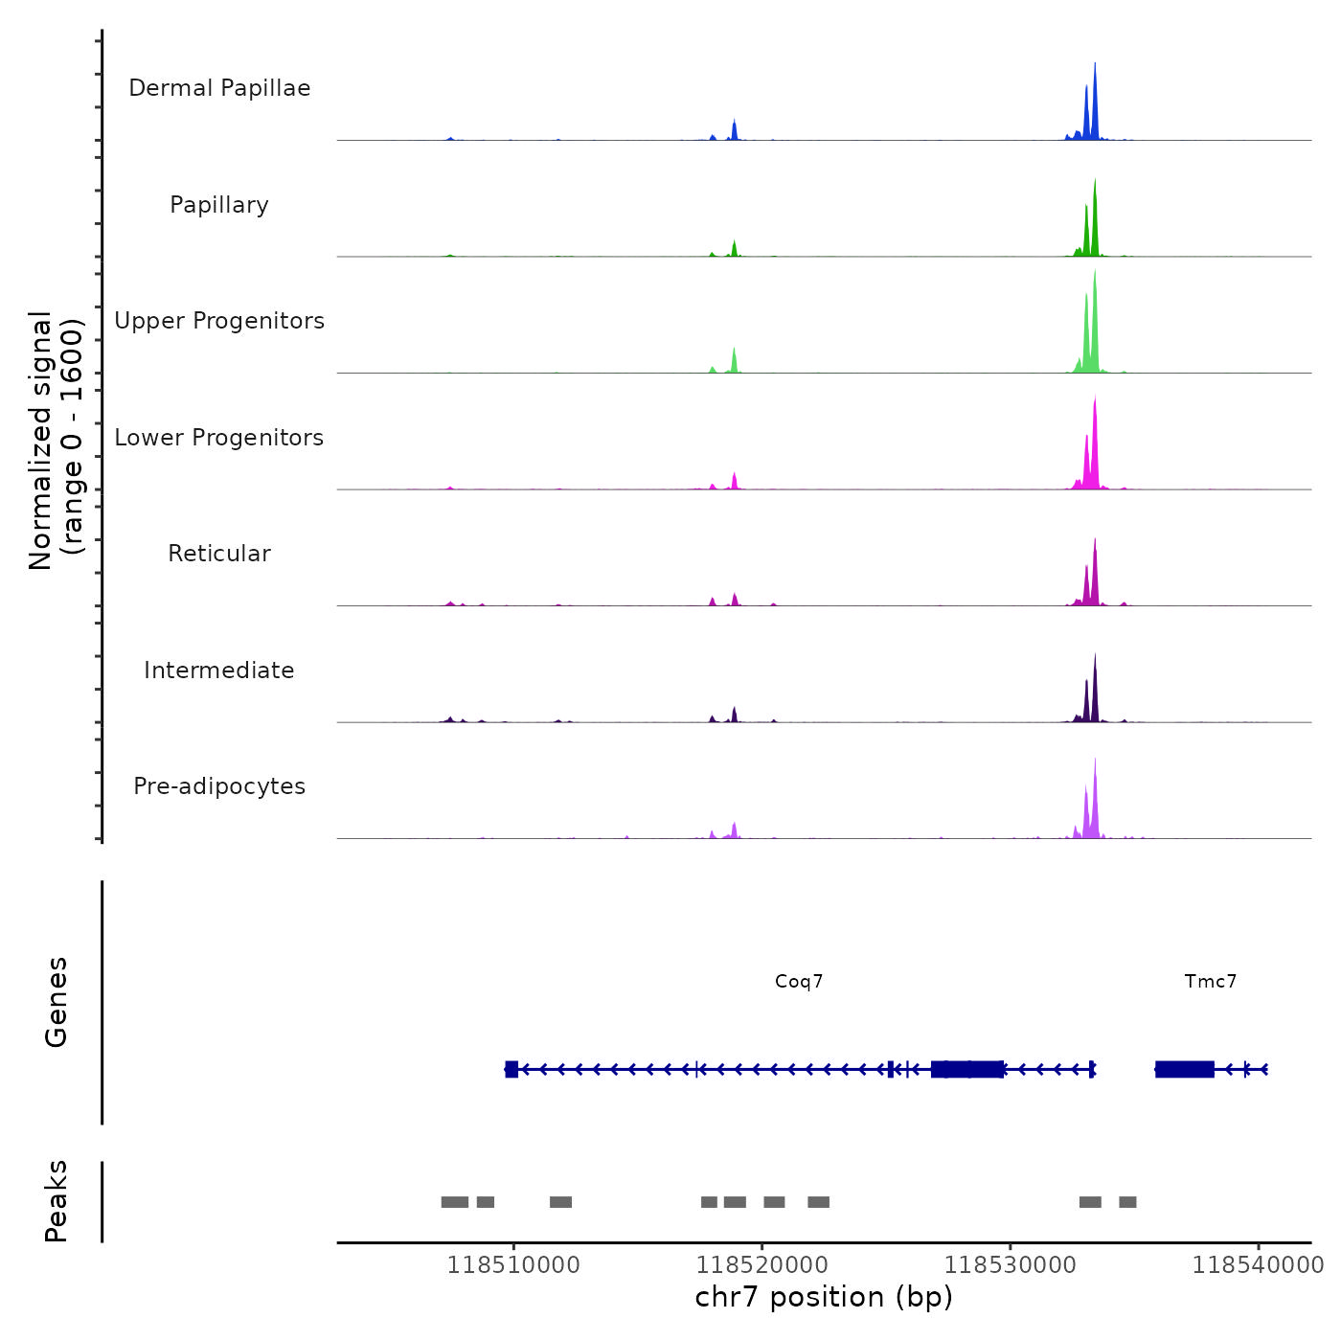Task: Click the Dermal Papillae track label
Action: [x=219, y=88]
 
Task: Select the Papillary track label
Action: [x=219, y=205]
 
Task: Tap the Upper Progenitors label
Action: [x=219, y=321]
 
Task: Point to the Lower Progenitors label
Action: [x=219, y=438]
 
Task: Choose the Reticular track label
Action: [x=219, y=554]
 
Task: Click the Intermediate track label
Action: [x=219, y=670]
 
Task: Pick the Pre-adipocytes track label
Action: [x=219, y=786]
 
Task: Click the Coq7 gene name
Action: [x=799, y=982]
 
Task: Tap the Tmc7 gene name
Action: [x=1211, y=982]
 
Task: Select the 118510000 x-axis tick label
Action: [x=513, y=1265]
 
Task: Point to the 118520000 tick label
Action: [x=762, y=1265]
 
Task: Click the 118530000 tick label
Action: [x=1011, y=1265]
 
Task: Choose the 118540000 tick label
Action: [x=1258, y=1265]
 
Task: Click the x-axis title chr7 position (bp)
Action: [x=824, y=1297]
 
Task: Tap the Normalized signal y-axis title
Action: [x=56, y=441]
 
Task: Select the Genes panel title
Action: [x=57, y=1002]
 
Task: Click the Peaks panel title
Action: [x=57, y=1201]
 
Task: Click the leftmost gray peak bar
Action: [x=455, y=1202]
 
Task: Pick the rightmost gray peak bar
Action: [x=1127, y=1202]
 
